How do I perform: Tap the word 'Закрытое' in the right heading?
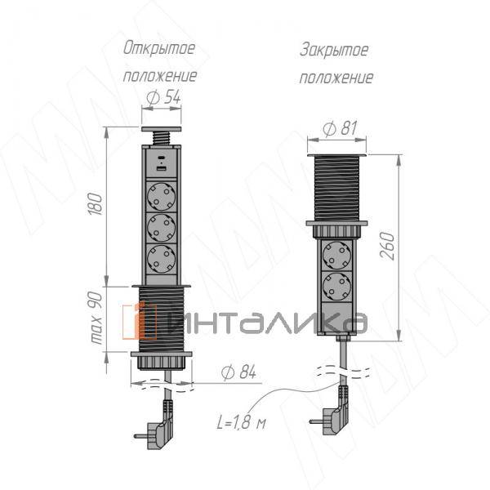click(x=334, y=51)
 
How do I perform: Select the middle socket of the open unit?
click(x=160, y=226)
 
